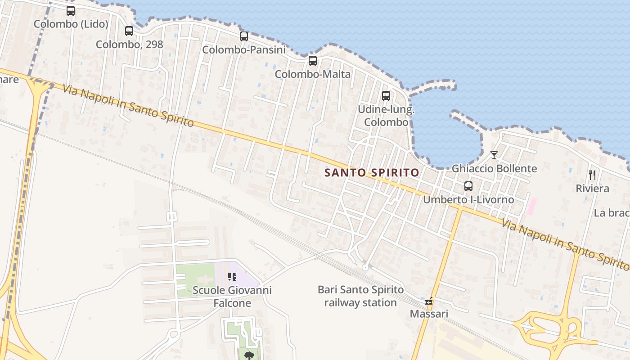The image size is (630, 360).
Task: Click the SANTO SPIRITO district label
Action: tap(372, 172)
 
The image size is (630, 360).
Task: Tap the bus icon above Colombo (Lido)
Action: tap(71, 11)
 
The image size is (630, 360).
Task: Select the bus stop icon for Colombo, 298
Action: tap(129, 31)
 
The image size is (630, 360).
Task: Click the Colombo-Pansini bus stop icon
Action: tap(244, 36)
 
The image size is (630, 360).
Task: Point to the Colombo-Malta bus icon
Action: tap(313, 61)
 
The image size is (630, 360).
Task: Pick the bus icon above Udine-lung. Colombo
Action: tap(386, 96)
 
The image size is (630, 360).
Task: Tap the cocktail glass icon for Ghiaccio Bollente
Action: tap(494, 155)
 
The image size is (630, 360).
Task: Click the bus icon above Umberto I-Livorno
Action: tap(468, 186)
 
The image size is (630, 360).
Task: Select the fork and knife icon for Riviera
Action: tap(592, 175)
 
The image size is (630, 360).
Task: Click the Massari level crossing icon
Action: tap(429, 301)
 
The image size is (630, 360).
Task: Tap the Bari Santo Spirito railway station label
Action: tap(360, 296)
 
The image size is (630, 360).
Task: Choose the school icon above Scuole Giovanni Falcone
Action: tap(232, 277)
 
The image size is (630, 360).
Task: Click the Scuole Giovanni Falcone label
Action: tap(232, 297)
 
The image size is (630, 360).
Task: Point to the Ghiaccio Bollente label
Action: tap(494, 169)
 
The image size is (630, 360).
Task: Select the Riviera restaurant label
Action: tap(592, 189)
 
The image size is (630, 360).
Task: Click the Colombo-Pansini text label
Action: tap(244, 50)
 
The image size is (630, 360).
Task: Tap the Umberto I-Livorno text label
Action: tap(468, 199)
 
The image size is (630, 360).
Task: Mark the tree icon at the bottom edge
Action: tap(248, 356)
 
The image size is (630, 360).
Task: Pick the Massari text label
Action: tap(429, 314)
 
